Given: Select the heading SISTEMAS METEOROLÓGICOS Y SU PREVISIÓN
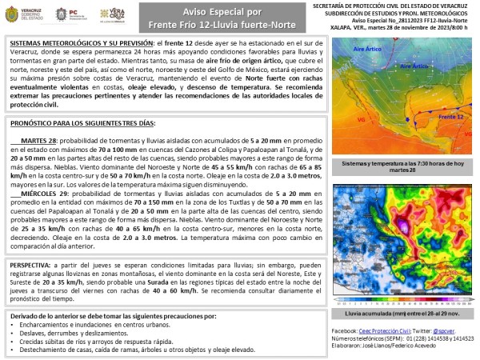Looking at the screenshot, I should (x=76, y=39).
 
